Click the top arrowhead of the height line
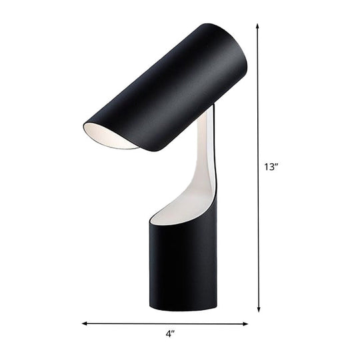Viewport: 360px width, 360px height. click(x=259, y=26)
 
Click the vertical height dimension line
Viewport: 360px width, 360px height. click(x=259, y=167)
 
